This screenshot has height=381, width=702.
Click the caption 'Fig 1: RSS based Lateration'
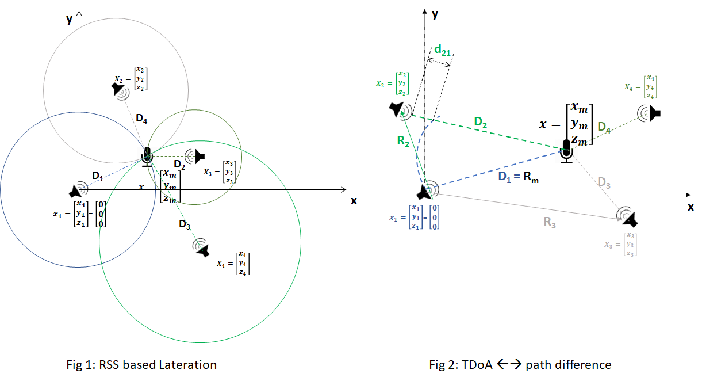coord(141,364)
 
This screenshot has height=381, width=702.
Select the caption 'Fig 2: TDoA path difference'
coord(520,364)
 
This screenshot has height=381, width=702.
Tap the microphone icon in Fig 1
coord(147,157)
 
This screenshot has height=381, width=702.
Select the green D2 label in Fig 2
coord(481,122)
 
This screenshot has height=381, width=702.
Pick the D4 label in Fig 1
coord(141,119)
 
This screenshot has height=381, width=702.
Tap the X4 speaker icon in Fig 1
coord(201,247)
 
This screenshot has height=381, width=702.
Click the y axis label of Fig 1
coord(69,19)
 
